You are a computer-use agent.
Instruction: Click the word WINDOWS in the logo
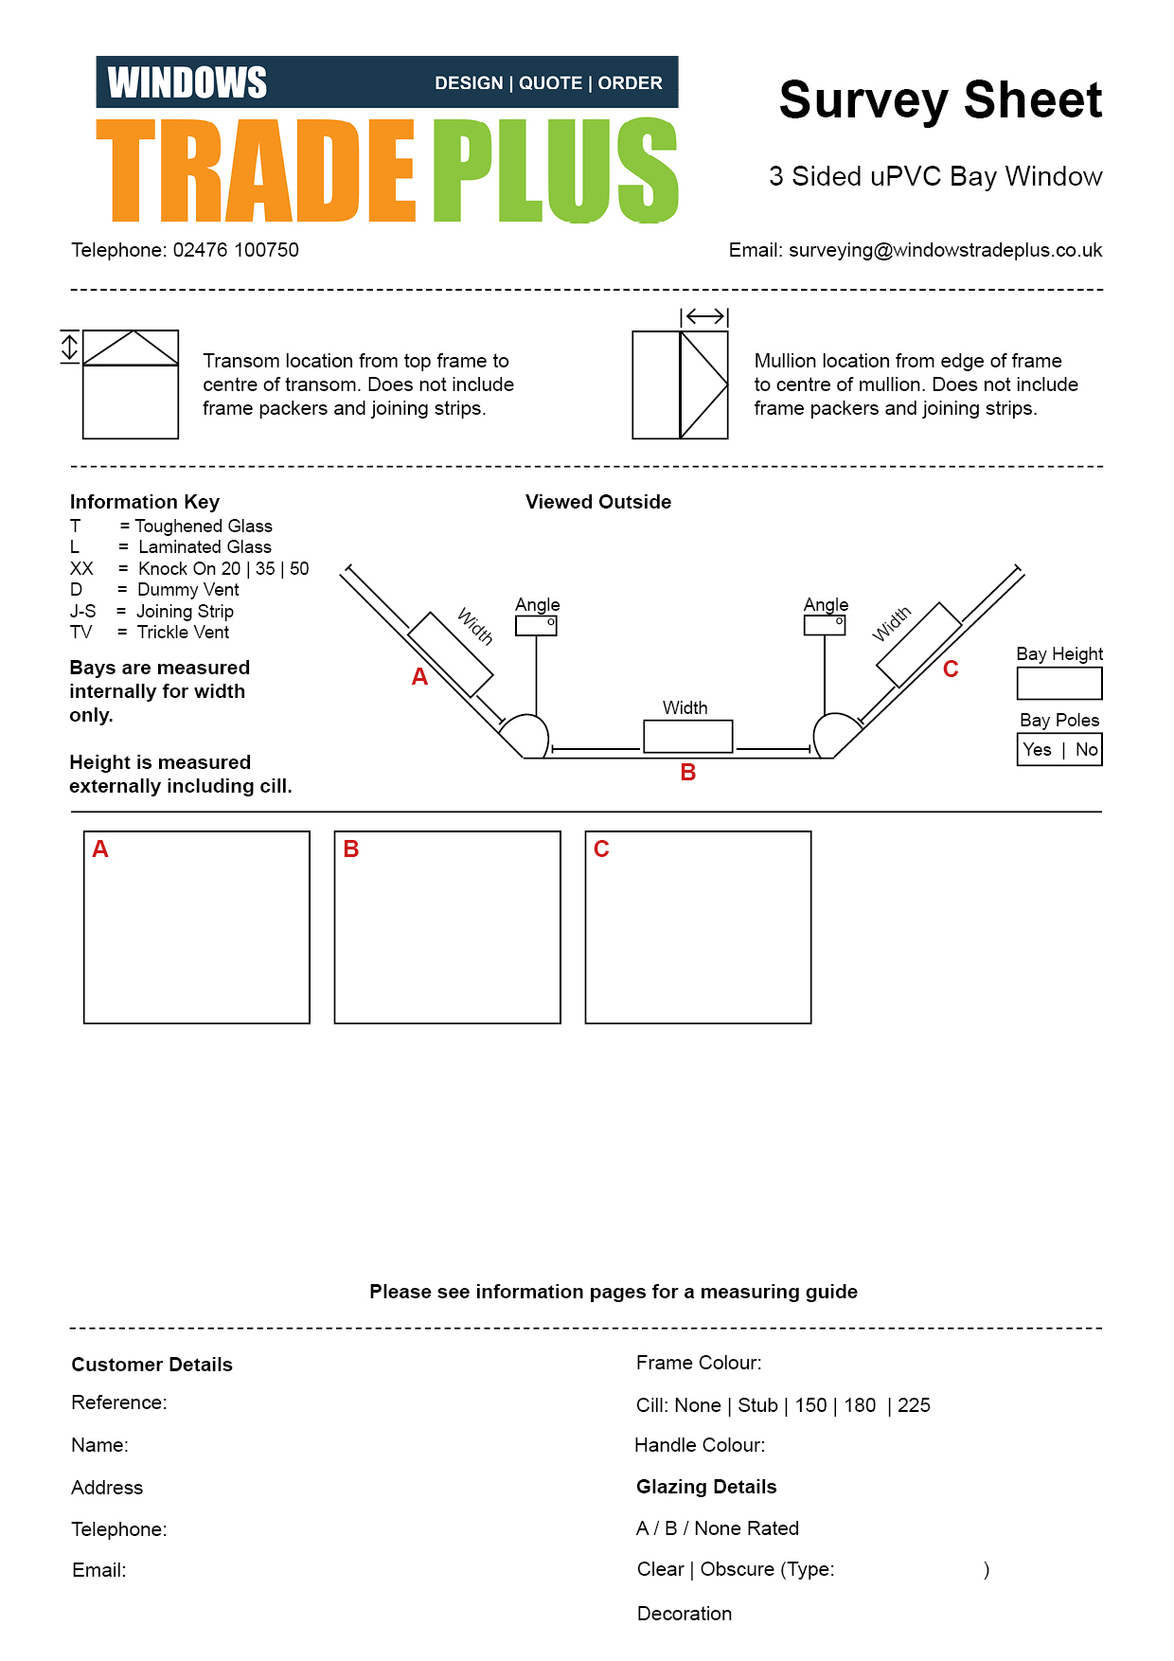click(x=187, y=82)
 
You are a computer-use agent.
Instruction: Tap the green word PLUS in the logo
click(x=556, y=170)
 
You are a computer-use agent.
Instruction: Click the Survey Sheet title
click(x=940, y=100)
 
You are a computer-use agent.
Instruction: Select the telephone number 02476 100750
click(x=236, y=250)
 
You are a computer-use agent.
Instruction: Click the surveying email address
click(x=945, y=250)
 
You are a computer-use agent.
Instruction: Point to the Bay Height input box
click(x=1059, y=684)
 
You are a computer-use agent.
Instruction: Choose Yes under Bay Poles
click(x=1037, y=750)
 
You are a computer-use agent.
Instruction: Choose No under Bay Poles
click(x=1086, y=750)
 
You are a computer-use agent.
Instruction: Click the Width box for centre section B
click(x=688, y=737)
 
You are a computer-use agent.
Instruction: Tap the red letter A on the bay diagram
click(x=419, y=677)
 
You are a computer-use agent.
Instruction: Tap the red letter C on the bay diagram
click(x=951, y=670)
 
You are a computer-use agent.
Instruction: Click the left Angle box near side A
click(x=536, y=626)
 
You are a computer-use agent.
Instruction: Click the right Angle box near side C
click(x=825, y=625)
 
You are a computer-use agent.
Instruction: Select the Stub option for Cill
click(x=757, y=1405)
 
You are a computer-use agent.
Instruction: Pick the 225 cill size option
click(x=914, y=1405)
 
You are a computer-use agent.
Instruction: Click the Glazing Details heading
click(x=706, y=1487)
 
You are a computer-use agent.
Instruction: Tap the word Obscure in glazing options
click(x=738, y=1569)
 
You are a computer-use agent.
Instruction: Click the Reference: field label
click(x=119, y=1402)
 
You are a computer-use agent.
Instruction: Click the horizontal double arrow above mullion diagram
click(x=704, y=316)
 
